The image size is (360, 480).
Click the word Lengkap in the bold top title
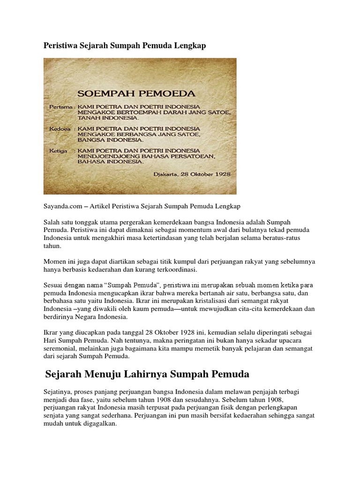click(189, 46)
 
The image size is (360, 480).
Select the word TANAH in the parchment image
click(89, 119)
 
